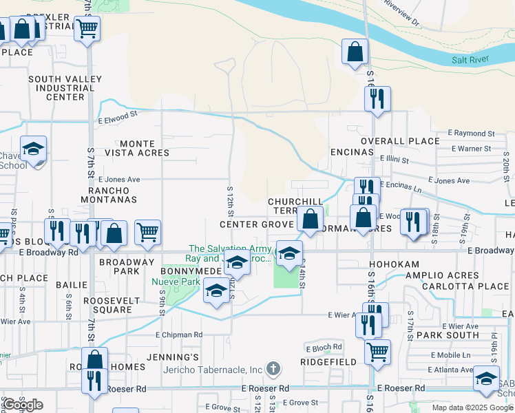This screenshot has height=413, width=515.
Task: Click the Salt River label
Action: click(470, 60)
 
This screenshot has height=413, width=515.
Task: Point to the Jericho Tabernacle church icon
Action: click(274, 368)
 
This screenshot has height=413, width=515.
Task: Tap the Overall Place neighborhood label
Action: click(400, 141)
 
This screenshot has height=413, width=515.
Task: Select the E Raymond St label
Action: click(471, 133)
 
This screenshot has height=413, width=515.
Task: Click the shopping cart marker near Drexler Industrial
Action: click(87, 30)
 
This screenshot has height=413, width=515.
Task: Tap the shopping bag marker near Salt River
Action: click(355, 52)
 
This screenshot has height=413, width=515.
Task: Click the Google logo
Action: click(23, 405)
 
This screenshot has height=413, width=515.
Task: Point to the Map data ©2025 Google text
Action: click(472, 407)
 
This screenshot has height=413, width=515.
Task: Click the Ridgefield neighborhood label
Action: click(328, 361)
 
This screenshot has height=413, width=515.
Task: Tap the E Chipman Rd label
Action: click(179, 335)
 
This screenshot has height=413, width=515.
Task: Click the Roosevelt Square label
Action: click(107, 305)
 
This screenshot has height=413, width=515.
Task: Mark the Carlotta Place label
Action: click(476, 286)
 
